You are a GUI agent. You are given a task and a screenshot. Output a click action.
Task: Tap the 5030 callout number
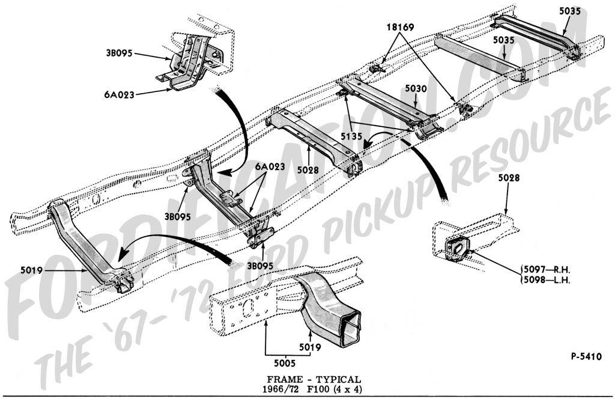[415, 88]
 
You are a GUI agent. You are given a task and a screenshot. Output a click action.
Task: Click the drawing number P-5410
[587, 355]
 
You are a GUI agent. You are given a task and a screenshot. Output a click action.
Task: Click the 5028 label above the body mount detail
[509, 178]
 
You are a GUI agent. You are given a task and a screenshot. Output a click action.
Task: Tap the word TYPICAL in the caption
[338, 379]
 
